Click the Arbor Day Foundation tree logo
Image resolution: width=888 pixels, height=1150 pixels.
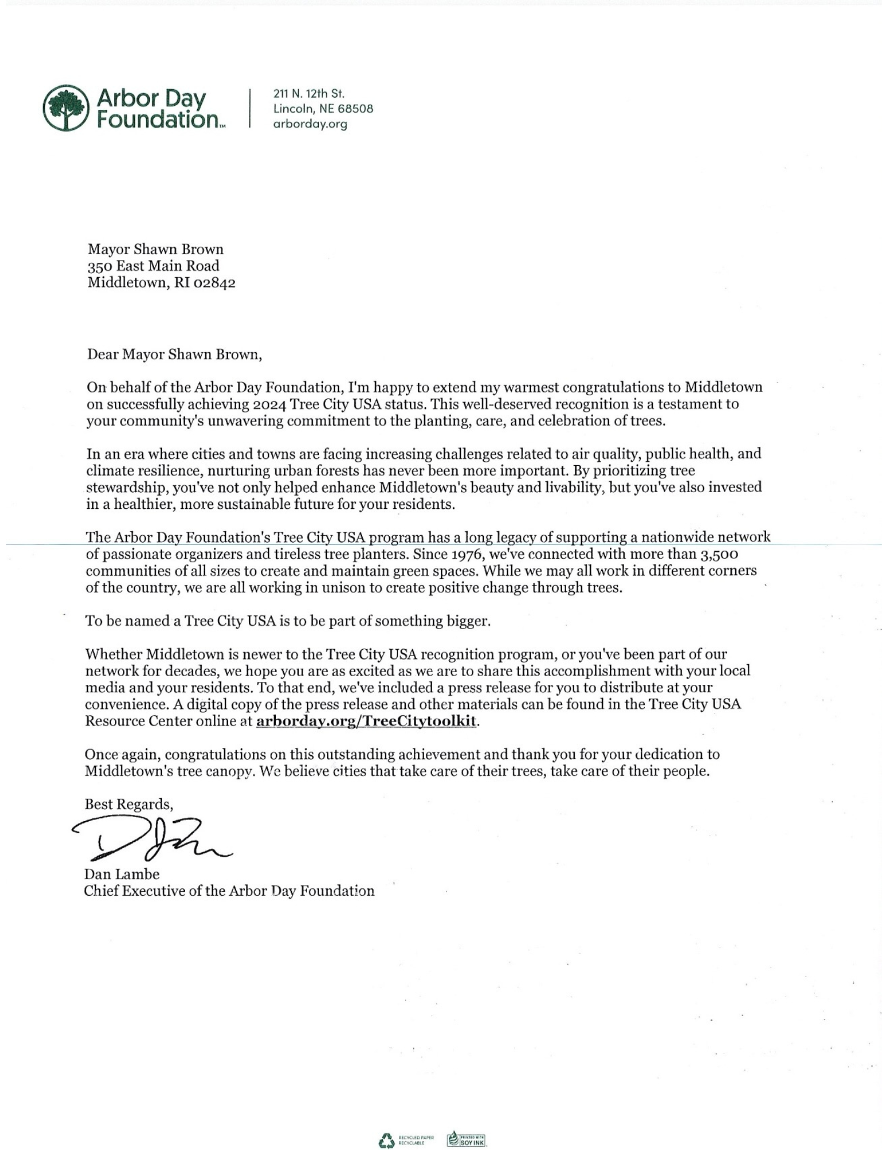point(67,108)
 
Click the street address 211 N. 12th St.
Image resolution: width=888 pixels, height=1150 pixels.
point(309,93)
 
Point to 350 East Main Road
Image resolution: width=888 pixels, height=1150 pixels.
point(153,266)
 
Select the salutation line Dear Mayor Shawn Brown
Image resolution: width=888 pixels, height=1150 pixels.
point(174,354)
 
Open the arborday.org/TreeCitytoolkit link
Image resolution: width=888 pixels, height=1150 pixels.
point(366,721)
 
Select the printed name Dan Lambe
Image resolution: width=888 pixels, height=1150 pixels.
point(121,874)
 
